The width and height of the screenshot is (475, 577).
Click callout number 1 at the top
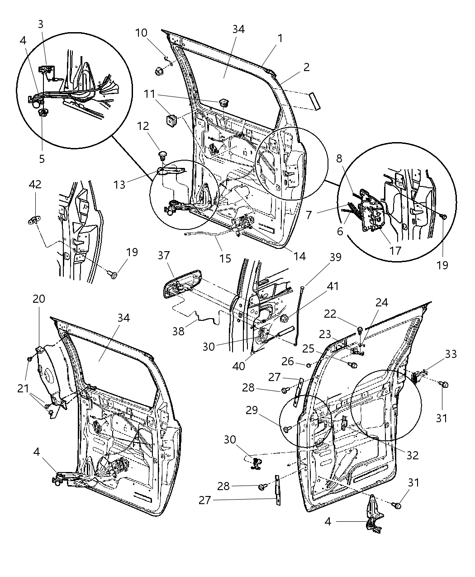tap(280, 38)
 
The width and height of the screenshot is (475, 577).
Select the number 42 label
tap(35, 184)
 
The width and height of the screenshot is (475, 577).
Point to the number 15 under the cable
tap(225, 258)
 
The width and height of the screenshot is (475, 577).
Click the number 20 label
tap(39, 299)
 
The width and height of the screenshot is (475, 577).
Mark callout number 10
tap(141, 33)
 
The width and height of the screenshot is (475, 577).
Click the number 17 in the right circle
tap(395, 250)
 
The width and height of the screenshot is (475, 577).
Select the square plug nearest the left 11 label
tap(171, 121)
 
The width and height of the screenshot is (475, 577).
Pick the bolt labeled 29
tap(287, 428)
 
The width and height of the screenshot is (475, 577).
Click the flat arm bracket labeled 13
tap(172, 171)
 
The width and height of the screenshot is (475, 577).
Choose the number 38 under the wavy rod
tap(179, 331)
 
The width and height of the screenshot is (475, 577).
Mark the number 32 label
tap(412, 455)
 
